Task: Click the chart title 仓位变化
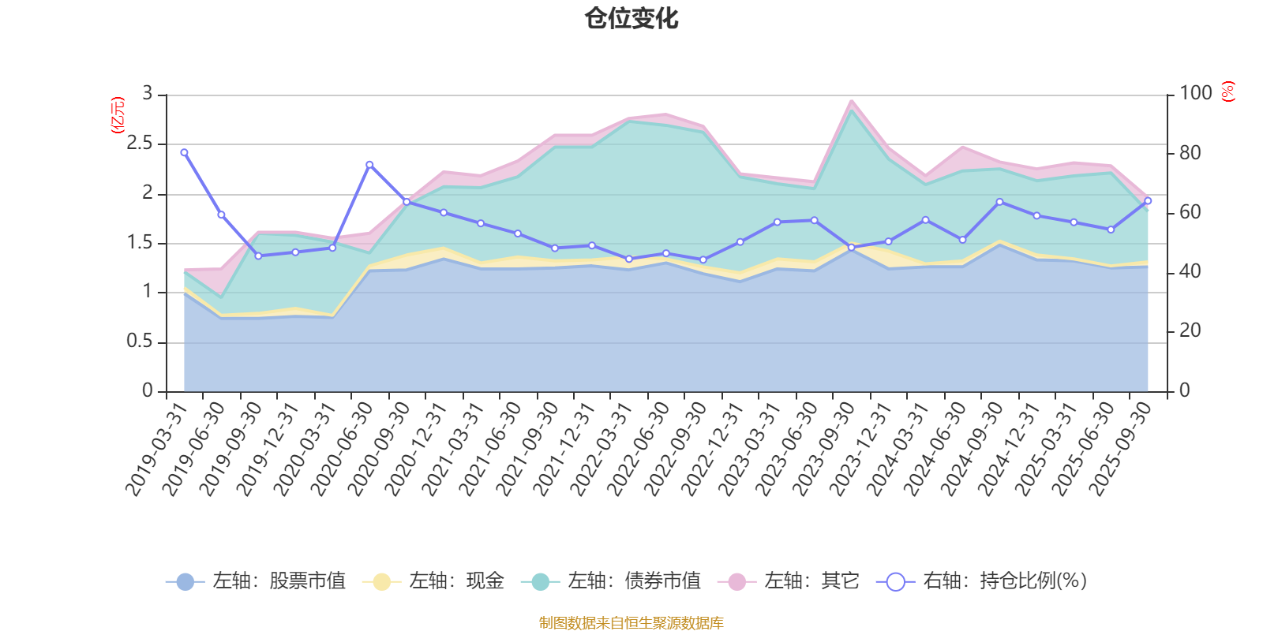[631, 18]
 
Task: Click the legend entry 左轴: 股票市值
[256, 581]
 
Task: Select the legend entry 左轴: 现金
[433, 581]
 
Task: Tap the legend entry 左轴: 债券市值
[611, 581]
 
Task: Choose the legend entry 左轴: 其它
[789, 581]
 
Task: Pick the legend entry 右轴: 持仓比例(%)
[982, 581]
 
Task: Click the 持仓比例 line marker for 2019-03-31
[184, 152]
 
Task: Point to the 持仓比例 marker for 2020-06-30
[369, 164]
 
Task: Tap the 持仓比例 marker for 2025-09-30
[1148, 200]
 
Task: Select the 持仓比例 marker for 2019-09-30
[258, 256]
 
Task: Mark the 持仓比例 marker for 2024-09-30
[999, 202]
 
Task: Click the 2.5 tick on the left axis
[140, 144]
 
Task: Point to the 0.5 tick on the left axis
[140, 342]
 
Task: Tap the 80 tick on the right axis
[1190, 153]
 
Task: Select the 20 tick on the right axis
[1190, 330]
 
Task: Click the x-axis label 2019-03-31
[156, 448]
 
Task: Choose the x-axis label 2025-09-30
[1120, 448]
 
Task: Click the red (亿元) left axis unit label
[118, 115]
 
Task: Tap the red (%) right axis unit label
[1228, 91]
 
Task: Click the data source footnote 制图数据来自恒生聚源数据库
[631, 623]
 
